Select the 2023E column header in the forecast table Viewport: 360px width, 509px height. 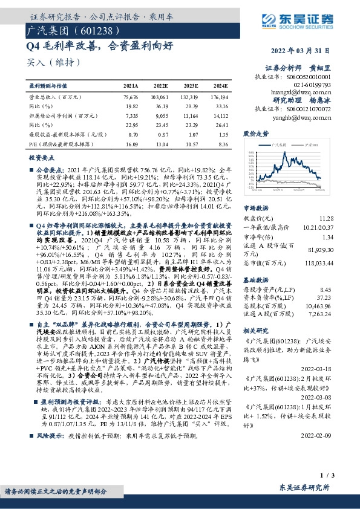coord(191,86)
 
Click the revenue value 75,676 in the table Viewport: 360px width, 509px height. coord(130,97)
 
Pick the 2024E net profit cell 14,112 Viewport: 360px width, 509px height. coord(220,114)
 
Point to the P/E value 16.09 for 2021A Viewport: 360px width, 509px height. coord(131,144)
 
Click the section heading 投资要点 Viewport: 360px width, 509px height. coord(41,157)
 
